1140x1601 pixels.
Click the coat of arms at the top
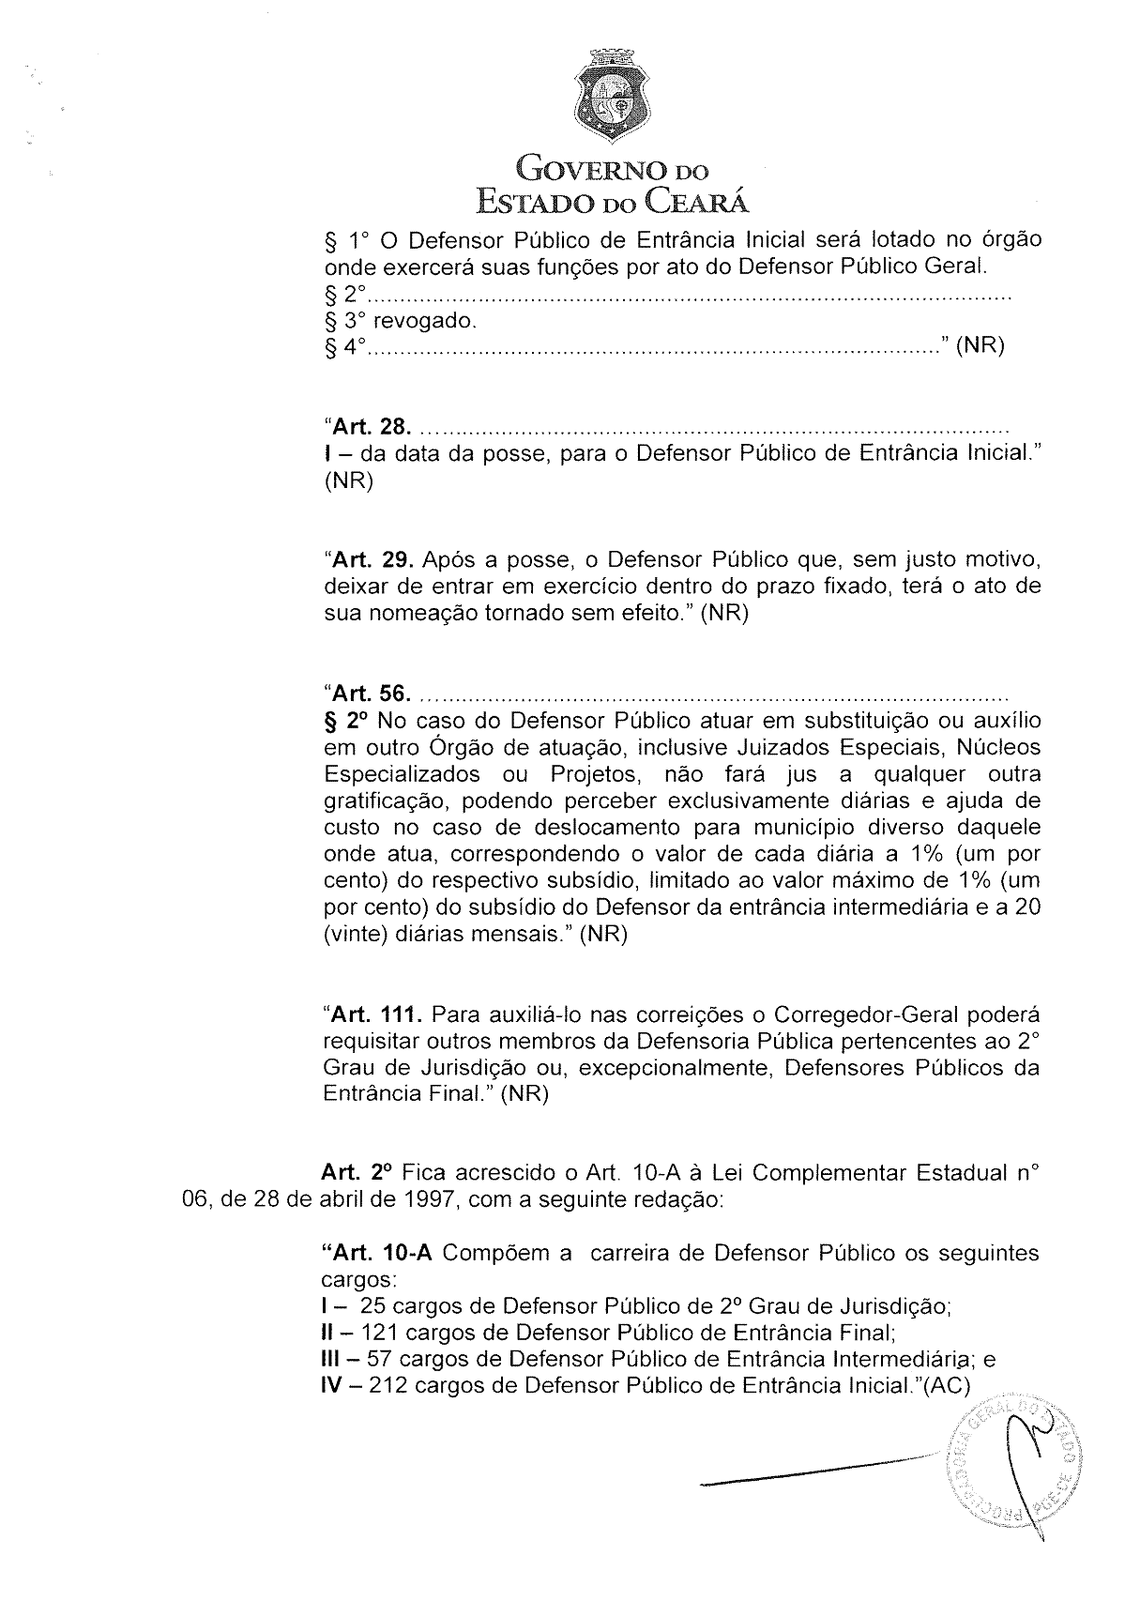(x=616, y=94)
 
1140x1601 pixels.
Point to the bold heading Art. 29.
(x=369, y=561)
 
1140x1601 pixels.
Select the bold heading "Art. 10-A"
(x=377, y=1254)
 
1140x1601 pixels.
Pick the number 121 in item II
(x=380, y=1333)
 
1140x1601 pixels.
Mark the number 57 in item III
(x=378, y=1359)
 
